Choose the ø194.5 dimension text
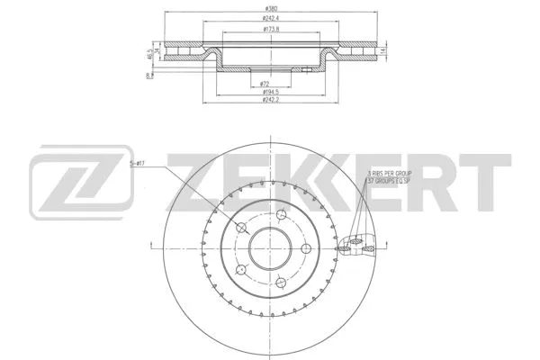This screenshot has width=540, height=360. [269, 91]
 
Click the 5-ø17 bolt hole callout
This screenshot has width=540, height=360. [137, 163]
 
